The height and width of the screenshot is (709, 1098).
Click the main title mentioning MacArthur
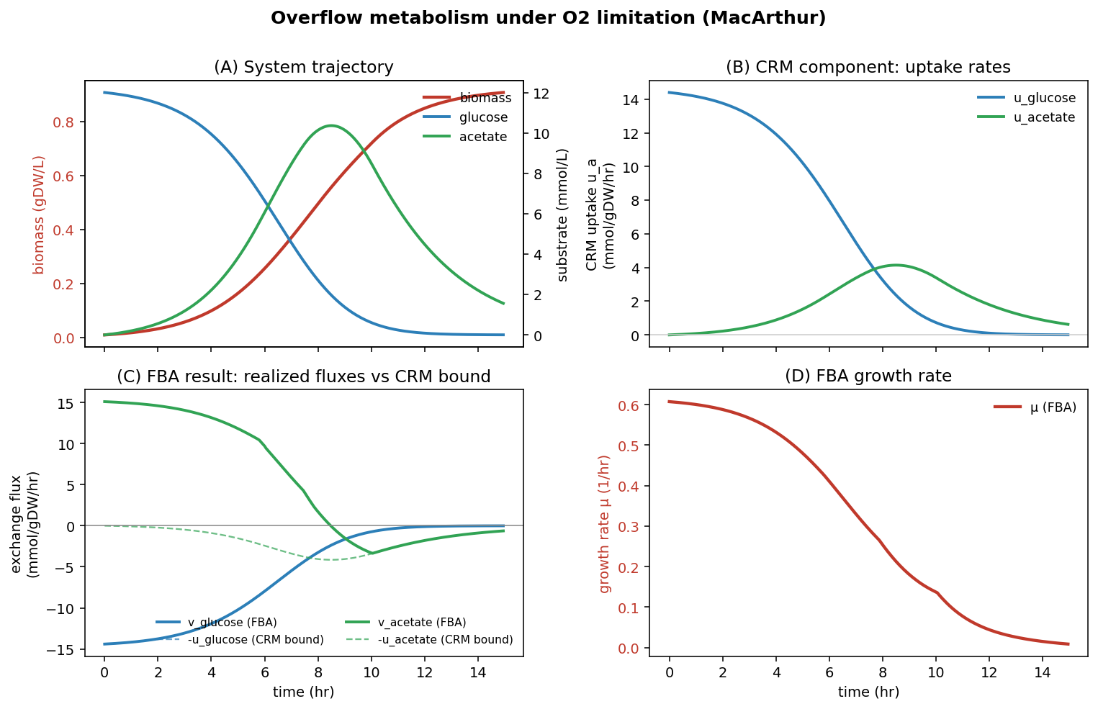[548, 18]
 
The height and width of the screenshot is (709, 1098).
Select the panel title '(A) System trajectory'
[303, 68]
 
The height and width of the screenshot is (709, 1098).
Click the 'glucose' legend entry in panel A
[483, 117]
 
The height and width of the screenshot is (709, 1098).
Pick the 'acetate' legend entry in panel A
[482, 137]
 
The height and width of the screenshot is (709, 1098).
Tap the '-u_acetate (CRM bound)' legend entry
[445, 639]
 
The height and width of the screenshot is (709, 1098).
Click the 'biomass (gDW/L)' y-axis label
[39, 214]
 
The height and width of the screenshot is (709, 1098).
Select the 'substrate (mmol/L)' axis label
[562, 214]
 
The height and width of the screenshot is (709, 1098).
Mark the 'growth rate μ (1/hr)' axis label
[604, 524]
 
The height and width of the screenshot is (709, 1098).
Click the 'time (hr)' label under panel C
[303, 692]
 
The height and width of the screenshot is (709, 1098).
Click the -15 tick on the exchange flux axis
[64, 650]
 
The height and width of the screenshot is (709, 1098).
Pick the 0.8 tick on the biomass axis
[64, 122]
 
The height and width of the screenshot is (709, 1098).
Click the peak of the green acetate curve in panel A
[330, 125]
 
